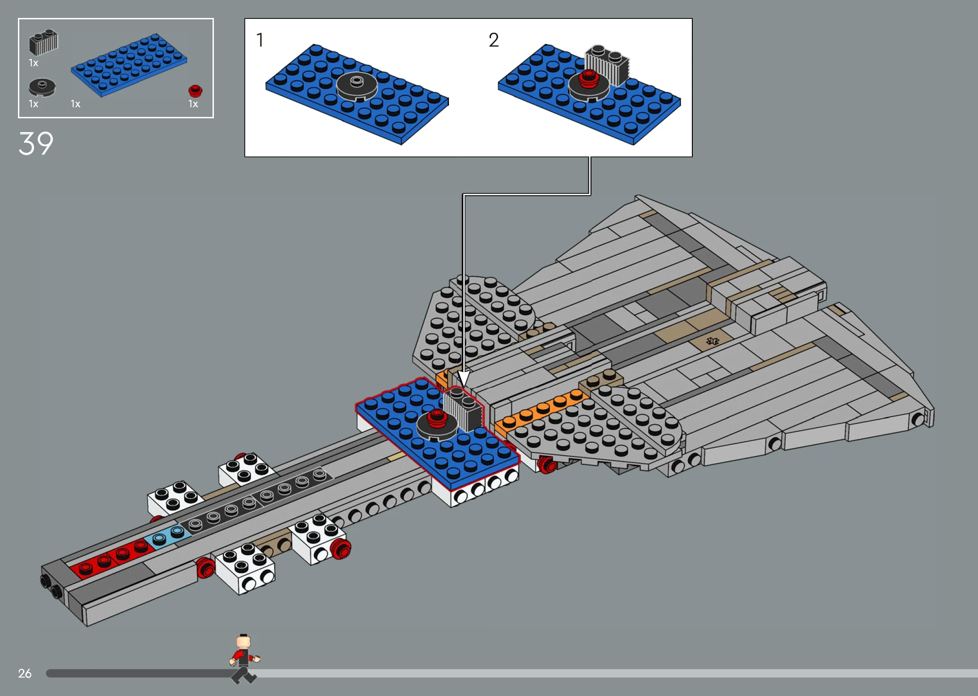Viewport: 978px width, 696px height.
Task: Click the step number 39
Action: (x=36, y=144)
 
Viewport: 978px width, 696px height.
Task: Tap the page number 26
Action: (x=25, y=673)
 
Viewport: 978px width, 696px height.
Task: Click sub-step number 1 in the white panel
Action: (x=260, y=40)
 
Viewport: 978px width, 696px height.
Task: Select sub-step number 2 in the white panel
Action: (x=494, y=40)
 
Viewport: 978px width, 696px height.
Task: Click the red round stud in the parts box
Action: (x=196, y=90)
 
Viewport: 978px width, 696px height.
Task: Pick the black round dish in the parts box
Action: (x=42, y=87)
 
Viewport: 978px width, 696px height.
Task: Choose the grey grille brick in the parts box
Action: (x=44, y=42)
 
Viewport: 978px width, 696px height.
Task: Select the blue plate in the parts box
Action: (x=129, y=64)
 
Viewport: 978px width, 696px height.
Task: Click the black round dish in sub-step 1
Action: (x=357, y=86)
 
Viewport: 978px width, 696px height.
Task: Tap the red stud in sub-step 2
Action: (x=589, y=78)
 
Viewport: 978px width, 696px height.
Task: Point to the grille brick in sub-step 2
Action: (x=607, y=65)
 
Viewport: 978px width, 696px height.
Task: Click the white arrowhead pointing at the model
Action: (x=464, y=378)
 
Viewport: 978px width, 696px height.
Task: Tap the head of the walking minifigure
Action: (x=243, y=641)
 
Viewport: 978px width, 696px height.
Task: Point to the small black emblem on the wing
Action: (x=713, y=341)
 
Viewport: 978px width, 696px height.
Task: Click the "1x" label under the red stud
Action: (x=193, y=104)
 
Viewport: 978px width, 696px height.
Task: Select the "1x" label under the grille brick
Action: (x=34, y=63)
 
